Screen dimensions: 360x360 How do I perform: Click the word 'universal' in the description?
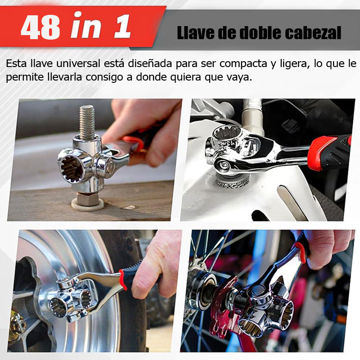(78, 63)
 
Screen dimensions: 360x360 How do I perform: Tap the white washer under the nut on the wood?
(87, 204)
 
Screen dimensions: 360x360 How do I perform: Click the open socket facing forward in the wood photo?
(72, 169)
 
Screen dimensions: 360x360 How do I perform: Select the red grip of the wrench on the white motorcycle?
(329, 153)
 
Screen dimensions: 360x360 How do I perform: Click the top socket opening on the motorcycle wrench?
(227, 133)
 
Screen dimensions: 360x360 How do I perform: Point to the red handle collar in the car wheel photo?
(123, 279)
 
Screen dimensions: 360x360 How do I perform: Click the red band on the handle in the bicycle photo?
(301, 252)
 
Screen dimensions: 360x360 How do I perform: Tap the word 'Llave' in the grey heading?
(194, 33)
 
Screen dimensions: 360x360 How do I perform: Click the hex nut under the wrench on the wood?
(87, 199)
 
